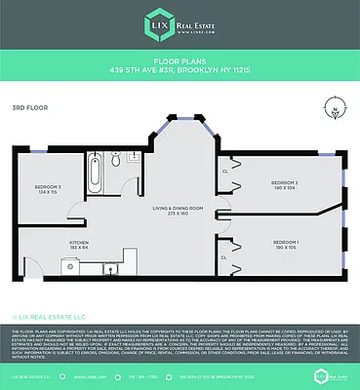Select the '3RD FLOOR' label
click(26, 107)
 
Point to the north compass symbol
click(337, 110)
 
